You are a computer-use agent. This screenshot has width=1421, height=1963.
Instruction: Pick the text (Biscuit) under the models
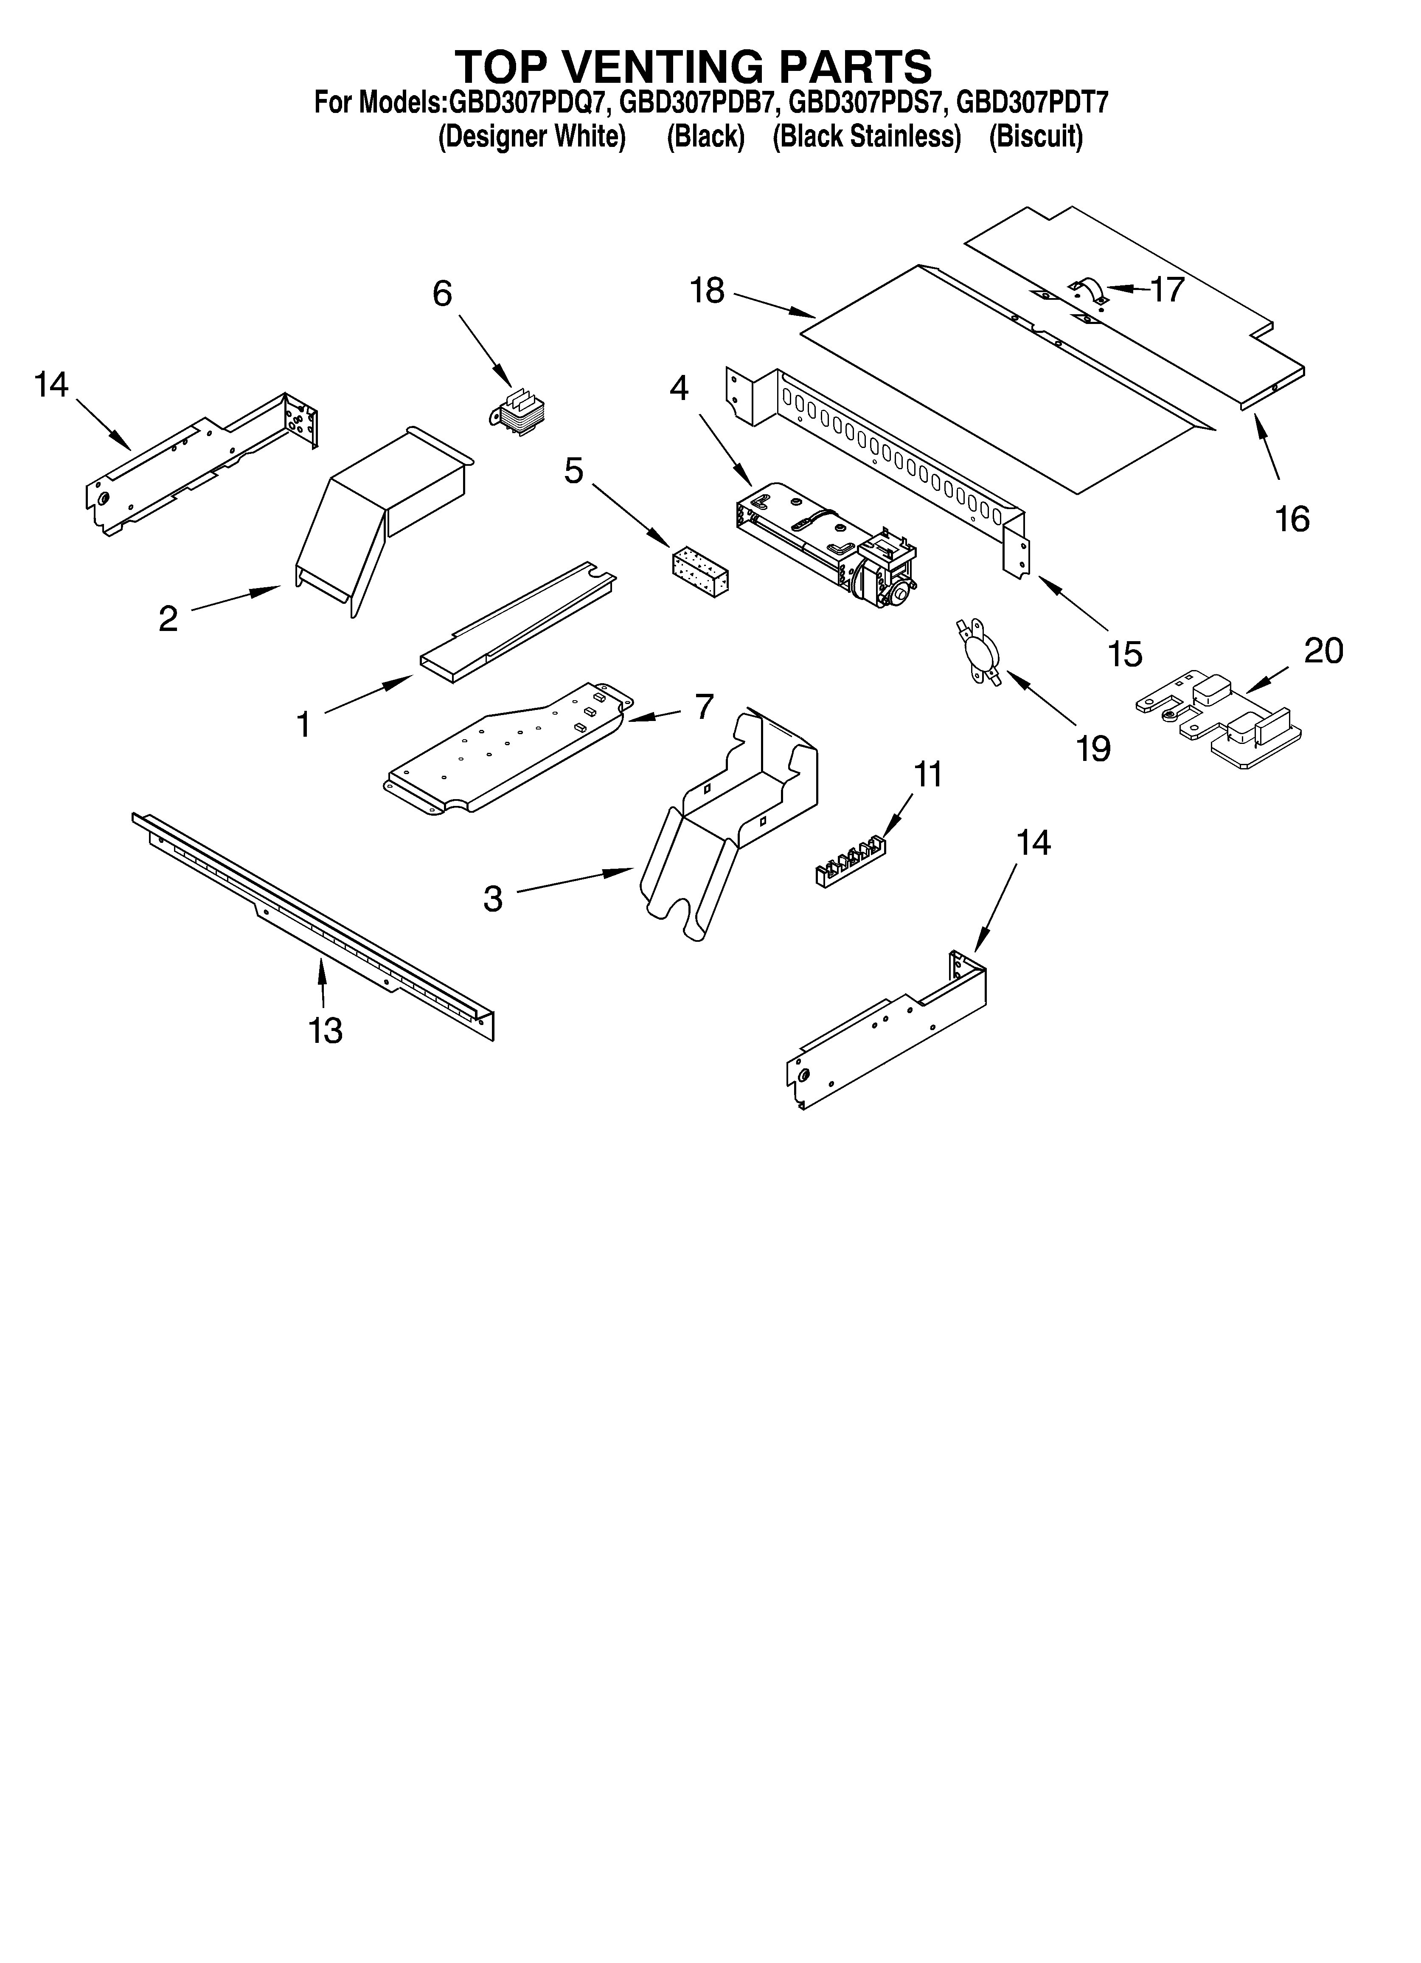1036,137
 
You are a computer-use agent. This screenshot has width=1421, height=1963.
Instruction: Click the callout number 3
492,898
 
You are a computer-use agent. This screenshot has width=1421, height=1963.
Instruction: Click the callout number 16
1292,519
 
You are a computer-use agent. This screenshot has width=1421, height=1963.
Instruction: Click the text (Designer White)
531,137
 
